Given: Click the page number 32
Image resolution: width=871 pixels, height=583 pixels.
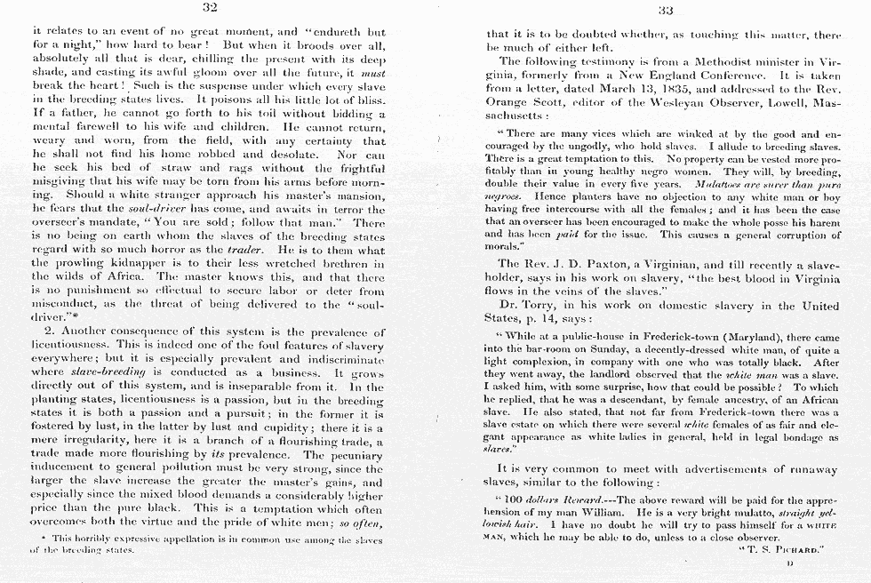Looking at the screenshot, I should [x=211, y=8].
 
